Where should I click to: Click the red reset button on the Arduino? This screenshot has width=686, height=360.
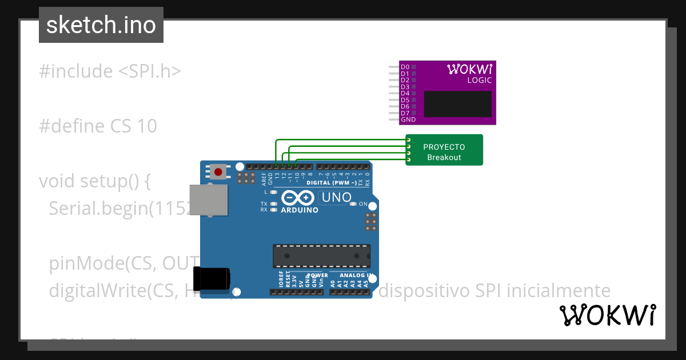tap(218, 171)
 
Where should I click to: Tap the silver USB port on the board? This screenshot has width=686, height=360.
tap(209, 200)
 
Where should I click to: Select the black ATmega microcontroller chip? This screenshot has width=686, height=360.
tap(321, 255)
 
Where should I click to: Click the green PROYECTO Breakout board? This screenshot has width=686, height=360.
tap(445, 150)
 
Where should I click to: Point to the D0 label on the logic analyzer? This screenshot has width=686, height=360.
tap(405, 67)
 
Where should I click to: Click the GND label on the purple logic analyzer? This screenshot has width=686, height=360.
tap(408, 120)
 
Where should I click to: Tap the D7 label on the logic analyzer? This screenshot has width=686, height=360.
tap(405, 113)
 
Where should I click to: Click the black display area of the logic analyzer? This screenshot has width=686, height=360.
tap(457, 104)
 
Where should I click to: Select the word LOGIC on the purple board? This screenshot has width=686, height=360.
tap(479, 81)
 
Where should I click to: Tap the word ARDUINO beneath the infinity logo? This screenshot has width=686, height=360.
tap(300, 210)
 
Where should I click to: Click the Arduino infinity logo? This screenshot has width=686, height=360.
tap(298, 198)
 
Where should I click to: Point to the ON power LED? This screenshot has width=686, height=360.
tap(362, 204)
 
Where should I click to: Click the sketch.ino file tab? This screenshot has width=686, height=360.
tap(101, 25)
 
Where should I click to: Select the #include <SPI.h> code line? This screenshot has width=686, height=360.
tap(110, 71)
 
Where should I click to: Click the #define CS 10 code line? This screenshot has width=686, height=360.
tap(98, 126)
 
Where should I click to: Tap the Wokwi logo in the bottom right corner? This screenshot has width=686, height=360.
tap(607, 315)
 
